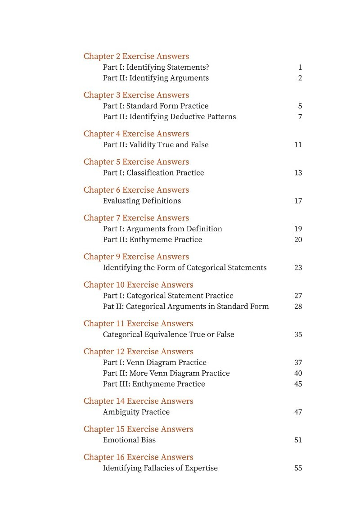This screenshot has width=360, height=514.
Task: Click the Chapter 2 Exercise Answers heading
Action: click(x=136, y=56)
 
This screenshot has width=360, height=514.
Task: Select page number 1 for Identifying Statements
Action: click(x=300, y=68)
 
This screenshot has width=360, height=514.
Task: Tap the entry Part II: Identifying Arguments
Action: click(x=156, y=78)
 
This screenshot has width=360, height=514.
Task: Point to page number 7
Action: click(x=300, y=117)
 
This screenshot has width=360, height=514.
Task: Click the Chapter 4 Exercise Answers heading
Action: click(x=136, y=134)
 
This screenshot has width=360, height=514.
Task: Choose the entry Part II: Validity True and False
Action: click(x=156, y=145)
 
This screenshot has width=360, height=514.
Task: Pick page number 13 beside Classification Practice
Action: click(x=298, y=173)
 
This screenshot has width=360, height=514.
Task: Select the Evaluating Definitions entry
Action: click(x=142, y=201)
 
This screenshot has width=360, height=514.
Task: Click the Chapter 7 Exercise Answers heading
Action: click(x=136, y=218)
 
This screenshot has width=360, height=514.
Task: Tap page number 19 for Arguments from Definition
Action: click(x=298, y=229)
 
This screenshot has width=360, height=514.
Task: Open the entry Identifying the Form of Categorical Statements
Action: click(x=184, y=268)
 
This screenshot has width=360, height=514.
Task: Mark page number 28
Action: click(x=298, y=307)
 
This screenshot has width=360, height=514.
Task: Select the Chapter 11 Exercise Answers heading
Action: click(x=138, y=324)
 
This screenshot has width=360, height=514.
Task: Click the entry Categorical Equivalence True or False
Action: click(x=168, y=334)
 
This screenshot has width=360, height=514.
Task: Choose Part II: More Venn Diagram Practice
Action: click(x=166, y=373)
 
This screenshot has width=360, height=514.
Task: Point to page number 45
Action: click(x=298, y=384)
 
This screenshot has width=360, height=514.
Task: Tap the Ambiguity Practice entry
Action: click(x=136, y=412)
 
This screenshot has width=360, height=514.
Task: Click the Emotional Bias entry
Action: click(x=129, y=440)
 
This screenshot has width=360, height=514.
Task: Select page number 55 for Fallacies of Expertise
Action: click(x=298, y=468)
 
